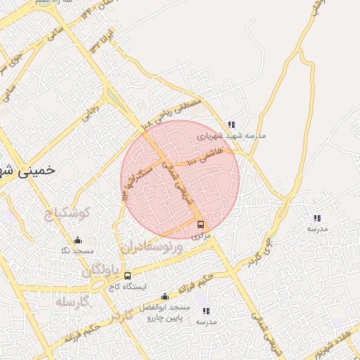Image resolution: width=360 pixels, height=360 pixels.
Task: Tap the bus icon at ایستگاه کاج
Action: coord(127,276)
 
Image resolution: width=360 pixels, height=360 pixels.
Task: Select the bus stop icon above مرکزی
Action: coord(201,225)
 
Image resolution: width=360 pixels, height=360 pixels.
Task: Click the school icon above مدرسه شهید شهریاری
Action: coord(231,124)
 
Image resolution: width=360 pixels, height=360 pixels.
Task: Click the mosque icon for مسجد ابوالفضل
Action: coord(165,296)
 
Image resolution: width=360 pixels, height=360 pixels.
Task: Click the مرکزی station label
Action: coord(201,237)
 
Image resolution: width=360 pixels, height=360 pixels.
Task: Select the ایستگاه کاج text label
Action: coord(127,287)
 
